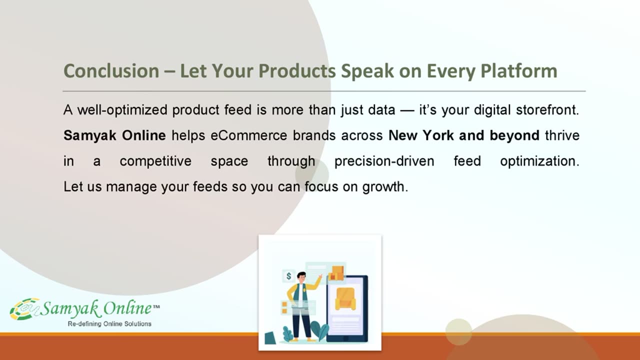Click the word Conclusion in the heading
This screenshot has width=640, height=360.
[111, 70]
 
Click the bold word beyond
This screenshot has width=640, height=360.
[514, 135]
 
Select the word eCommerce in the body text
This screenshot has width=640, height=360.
[248, 135]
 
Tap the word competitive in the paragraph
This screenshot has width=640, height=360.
[155, 161]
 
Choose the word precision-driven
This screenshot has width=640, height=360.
[384, 161]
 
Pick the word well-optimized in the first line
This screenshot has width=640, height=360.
[122, 110]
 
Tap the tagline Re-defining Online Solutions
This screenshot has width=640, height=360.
[109, 323]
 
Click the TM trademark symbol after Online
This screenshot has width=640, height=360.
[156, 307]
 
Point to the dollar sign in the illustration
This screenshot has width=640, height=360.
[288, 276]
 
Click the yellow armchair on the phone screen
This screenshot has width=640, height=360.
[345, 298]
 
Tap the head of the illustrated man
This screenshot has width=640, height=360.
[301, 276]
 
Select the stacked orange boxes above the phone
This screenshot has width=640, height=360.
[336, 273]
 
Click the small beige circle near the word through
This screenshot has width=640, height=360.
[312, 174]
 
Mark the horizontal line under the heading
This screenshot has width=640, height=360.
[324, 91]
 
